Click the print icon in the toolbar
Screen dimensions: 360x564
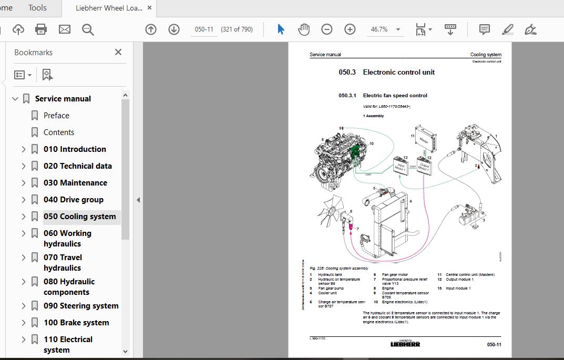click(x=41, y=29)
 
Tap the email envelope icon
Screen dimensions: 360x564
click(x=64, y=29)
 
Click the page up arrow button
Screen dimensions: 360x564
click(x=151, y=29)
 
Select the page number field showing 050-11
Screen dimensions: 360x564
click(x=204, y=29)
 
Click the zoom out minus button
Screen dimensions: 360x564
click(x=327, y=29)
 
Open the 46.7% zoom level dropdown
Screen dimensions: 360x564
click(x=398, y=29)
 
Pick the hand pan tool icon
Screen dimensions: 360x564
click(x=304, y=29)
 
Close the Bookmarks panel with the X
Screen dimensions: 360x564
click(x=118, y=52)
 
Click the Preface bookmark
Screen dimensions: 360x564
click(x=56, y=116)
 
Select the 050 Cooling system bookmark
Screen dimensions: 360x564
click(x=79, y=217)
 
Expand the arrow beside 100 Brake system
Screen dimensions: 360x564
click(x=24, y=323)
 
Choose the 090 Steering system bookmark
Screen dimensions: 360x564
click(x=81, y=306)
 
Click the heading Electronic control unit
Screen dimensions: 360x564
click(x=398, y=73)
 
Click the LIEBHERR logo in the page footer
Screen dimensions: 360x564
click(x=405, y=344)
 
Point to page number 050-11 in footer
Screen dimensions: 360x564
click(x=494, y=345)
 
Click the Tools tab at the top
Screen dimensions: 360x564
click(x=37, y=8)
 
